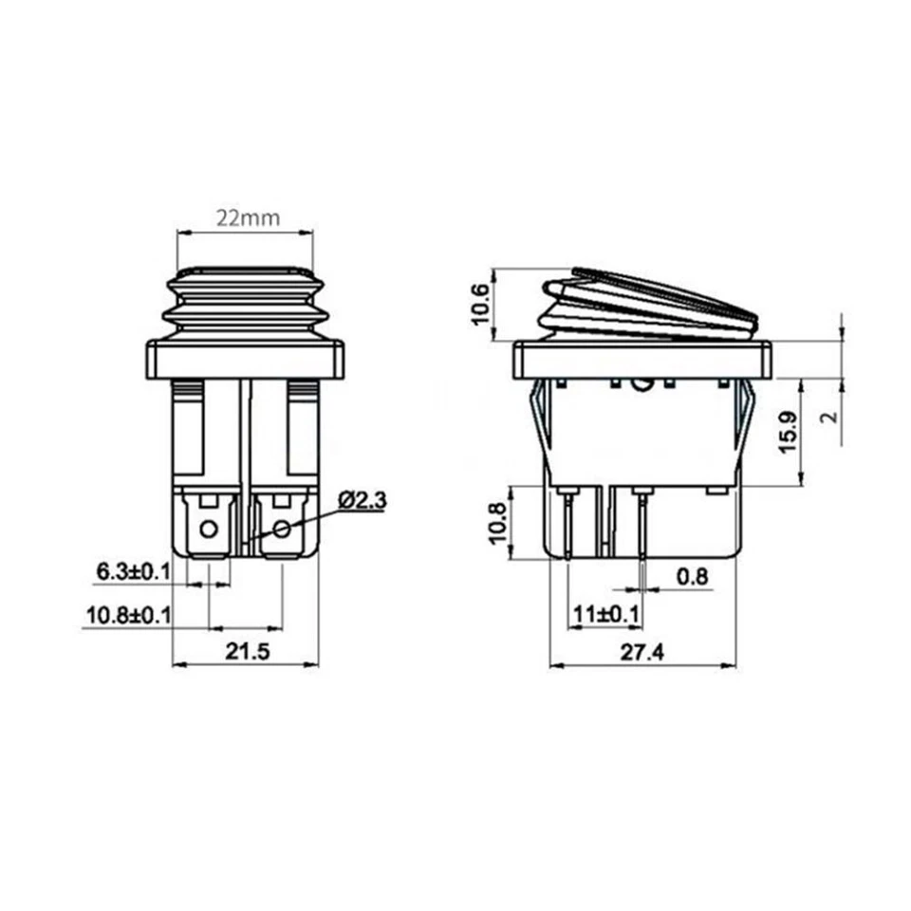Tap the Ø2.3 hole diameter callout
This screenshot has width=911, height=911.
point(362,500)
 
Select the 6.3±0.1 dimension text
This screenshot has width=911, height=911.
point(133,571)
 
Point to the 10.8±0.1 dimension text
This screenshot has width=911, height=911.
point(128,615)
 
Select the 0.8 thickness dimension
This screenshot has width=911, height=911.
point(693,576)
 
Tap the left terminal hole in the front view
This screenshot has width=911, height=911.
point(210,528)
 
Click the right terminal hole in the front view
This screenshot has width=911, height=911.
point(281,528)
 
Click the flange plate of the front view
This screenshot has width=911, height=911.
point(245,359)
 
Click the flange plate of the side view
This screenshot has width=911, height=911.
point(641,359)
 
